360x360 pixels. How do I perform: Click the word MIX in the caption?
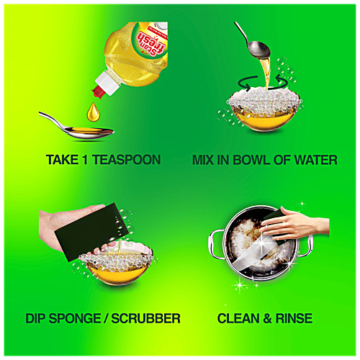coord(206,160)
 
